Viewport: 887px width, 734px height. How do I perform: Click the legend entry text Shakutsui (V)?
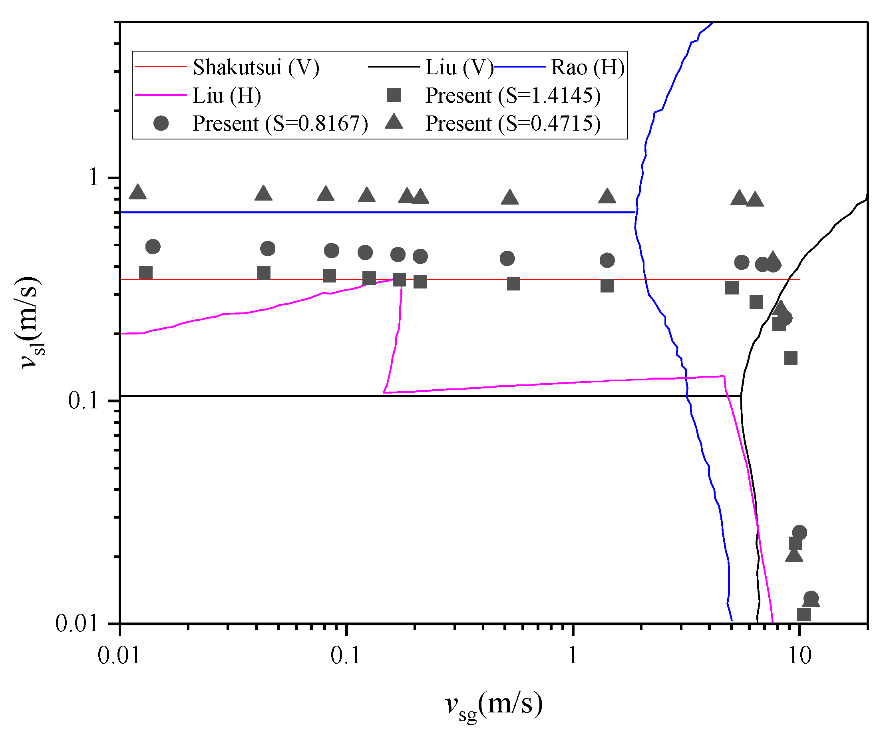click(x=256, y=67)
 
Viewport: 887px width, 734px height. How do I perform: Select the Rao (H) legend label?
click(x=587, y=67)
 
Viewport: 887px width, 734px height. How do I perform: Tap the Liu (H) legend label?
click(x=227, y=95)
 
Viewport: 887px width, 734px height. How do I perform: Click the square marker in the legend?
click(x=394, y=95)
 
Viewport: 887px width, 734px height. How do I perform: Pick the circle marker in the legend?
click(x=161, y=123)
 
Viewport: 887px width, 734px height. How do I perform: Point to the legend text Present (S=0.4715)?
click(x=513, y=123)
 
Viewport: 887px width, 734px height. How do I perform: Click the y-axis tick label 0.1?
click(x=83, y=400)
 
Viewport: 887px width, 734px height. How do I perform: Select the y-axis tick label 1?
click(x=93, y=177)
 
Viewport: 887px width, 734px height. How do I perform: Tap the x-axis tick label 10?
click(x=799, y=656)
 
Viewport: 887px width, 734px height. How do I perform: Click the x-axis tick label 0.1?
click(x=346, y=656)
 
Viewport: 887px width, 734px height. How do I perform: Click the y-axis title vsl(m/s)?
click(x=30, y=323)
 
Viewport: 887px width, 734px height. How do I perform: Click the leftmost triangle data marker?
click(x=138, y=193)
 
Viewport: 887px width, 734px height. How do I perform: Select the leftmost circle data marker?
click(x=153, y=247)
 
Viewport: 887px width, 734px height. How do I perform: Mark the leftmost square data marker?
click(x=146, y=273)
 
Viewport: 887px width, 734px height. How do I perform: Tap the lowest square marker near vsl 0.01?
click(x=804, y=615)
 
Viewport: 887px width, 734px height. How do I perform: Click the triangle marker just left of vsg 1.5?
click(x=607, y=196)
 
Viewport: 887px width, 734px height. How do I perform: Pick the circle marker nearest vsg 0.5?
click(x=507, y=259)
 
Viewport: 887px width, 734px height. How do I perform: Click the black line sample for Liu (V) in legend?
click(x=394, y=67)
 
